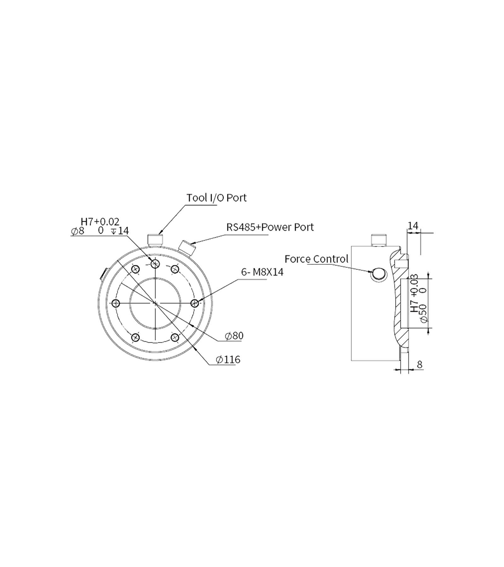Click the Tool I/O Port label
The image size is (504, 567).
coord(216,198)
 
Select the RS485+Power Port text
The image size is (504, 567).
coord(270,227)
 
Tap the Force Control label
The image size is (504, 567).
coord(317,259)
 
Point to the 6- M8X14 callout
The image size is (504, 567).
coord(262,272)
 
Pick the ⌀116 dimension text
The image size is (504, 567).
coord(228,359)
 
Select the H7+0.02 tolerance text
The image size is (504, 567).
coord(100,222)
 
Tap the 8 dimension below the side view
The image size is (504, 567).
coord(419,364)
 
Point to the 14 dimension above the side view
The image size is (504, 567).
coord(413,226)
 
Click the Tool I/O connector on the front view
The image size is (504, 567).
coord(155,240)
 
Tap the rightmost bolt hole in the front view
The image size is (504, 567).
coord(195,303)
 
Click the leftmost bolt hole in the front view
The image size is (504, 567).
coord(116,303)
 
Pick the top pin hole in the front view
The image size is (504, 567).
coord(155,264)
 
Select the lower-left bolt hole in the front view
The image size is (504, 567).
coord(135,338)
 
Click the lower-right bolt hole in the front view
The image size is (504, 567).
coord(175,338)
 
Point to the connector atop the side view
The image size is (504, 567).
coord(379,240)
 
